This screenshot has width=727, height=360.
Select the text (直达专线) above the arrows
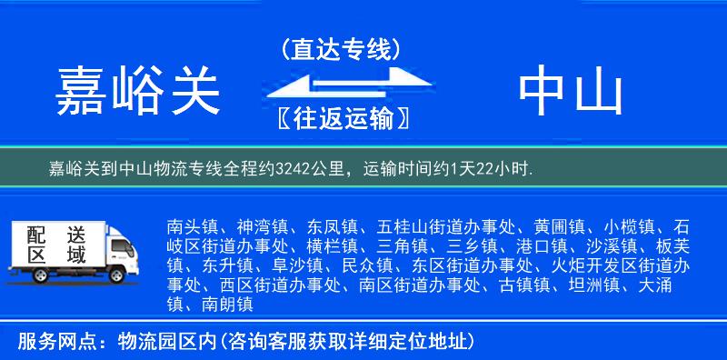point(341,50)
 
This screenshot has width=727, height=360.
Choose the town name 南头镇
point(192,225)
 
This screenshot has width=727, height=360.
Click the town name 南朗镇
point(224,305)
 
